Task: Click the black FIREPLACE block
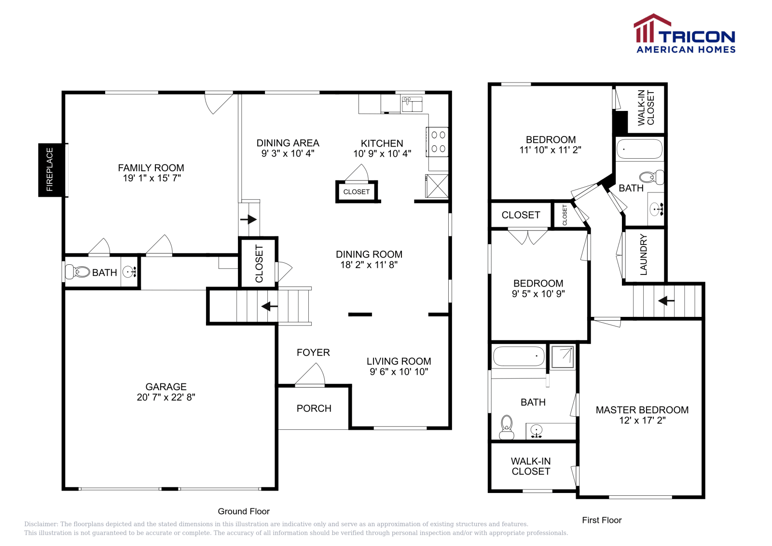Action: pos(50,170)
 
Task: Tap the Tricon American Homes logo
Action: pos(684,34)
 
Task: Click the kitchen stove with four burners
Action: pos(438,142)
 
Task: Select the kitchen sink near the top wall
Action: pos(412,104)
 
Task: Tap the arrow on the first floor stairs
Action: pos(666,301)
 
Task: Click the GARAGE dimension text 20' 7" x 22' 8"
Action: pos(166,397)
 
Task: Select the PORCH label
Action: pos(314,409)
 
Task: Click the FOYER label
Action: pos(313,353)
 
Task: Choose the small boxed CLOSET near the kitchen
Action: pos(357,192)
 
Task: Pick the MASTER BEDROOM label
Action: pos(642,410)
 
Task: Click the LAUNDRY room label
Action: pos(643,255)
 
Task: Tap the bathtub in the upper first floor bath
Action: pos(640,149)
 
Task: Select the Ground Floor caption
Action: pos(244,511)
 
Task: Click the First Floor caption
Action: pos(602,520)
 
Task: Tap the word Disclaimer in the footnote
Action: pos(41,524)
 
